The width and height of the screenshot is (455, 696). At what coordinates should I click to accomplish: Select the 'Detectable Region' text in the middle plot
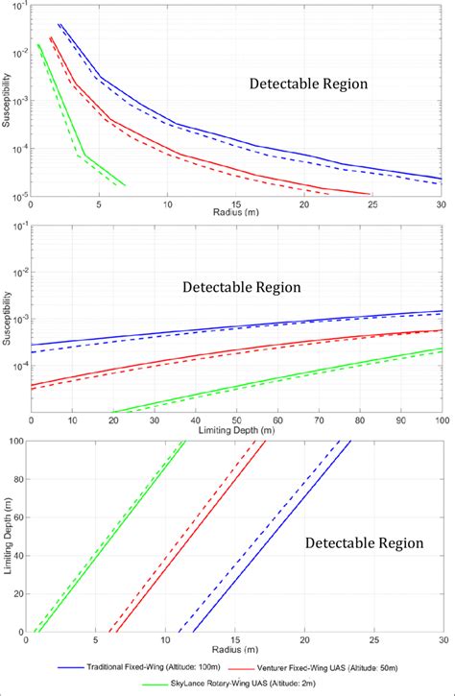coord(242,286)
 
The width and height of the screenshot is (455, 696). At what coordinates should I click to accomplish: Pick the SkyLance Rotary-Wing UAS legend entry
coord(246,684)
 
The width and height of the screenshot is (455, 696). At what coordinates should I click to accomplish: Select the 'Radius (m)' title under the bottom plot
coord(236,654)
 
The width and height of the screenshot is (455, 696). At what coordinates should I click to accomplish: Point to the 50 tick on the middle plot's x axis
coord(236,421)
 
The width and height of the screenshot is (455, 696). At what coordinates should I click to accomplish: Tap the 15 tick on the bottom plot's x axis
coord(236,642)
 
